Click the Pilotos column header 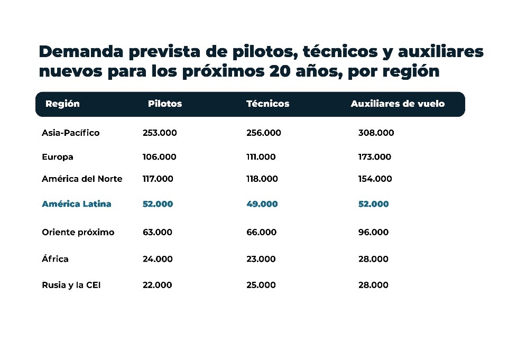coord(164,104)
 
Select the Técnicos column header coord(267,104)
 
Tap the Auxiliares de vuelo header coord(398,104)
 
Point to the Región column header coord(62,104)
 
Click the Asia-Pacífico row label coord(70,133)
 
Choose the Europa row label coord(57,157)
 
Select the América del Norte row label coord(82,179)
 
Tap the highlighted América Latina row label coord(76,204)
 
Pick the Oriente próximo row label coord(78,232)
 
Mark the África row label coord(55,259)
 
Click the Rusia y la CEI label coord(71,285)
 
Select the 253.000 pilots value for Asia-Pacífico coord(160,133)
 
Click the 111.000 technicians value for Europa coord(261,157)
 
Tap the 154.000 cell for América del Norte coord(375,179)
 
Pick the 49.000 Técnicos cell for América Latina coord(262,204)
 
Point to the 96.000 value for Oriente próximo coord(373,232)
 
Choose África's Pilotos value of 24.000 coord(157,259)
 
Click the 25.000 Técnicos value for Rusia coord(261,285)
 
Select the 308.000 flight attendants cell coord(376,133)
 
